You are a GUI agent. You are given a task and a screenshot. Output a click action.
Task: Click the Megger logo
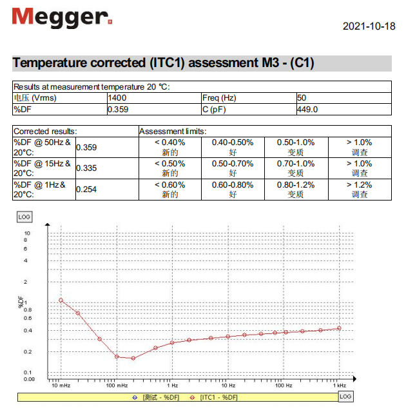pos(62,17)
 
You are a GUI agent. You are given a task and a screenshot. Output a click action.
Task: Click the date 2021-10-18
pos(369,26)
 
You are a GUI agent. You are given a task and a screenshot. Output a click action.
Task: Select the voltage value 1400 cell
pos(118,98)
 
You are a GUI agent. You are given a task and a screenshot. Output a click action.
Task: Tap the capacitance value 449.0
pos(307,109)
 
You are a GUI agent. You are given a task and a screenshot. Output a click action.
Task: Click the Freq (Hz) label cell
pos(219,98)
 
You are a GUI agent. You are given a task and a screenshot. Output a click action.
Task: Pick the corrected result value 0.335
pos(86,168)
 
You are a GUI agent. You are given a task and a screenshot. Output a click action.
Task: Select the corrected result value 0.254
pos(86,189)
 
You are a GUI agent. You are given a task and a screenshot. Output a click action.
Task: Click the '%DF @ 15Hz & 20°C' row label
pos(43,168)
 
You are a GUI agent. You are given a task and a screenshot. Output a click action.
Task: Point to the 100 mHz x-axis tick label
pos(117,386)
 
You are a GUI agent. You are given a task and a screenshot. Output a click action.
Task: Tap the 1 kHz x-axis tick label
pos(339,386)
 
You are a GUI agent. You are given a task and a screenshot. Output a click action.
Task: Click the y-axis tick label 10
pos(27,233)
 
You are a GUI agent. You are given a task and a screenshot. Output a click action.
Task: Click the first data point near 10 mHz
pos(61,300)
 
